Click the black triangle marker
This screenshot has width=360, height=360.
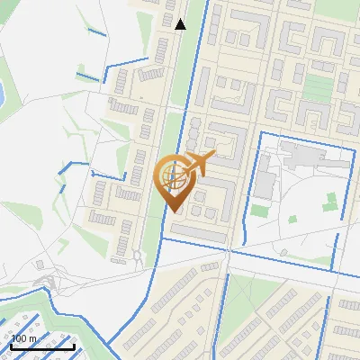(x=181, y=24)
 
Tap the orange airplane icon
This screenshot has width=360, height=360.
(x=198, y=164)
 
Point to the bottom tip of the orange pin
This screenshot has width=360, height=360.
(x=174, y=212)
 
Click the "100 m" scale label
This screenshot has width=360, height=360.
(x=24, y=337)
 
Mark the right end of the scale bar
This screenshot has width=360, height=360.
(x=75, y=346)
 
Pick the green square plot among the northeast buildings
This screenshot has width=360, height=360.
(x=318, y=86)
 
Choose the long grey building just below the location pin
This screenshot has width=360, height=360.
(x=200, y=232)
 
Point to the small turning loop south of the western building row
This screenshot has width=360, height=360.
(x=137, y=257)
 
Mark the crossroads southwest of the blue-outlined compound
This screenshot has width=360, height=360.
(x=227, y=256)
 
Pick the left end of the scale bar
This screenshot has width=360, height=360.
(x=12, y=346)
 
